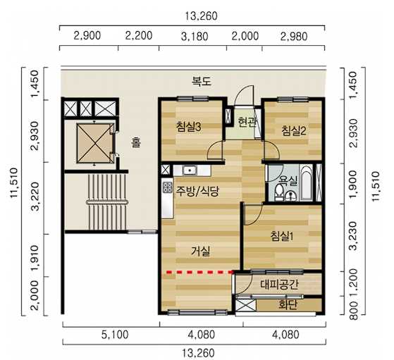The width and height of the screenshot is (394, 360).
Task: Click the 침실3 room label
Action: coord(188,127)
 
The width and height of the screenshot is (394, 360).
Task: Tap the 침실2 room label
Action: coord(294,130)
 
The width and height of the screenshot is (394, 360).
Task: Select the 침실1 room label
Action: coord(282,236)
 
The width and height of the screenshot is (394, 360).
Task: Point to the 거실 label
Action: coord(200,251)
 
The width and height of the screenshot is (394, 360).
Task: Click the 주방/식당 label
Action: coord(197,191)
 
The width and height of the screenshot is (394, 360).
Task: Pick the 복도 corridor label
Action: coord(202,82)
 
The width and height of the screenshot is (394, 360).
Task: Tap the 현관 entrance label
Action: coord(247,123)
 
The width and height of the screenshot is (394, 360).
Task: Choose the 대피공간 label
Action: coord(279,285)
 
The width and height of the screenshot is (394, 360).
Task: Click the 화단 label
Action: coord(288,304)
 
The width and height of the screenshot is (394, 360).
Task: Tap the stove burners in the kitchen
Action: coord(167,187)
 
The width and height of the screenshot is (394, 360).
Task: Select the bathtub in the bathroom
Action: coord(307,182)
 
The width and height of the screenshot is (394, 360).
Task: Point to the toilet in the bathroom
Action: coord(278,193)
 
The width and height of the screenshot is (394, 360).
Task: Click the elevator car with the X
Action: coord(94,143)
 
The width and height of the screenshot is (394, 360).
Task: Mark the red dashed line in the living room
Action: coord(199,272)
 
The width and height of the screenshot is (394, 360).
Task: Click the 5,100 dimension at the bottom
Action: coord(115,335)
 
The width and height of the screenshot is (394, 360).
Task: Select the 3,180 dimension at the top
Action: coord(195,37)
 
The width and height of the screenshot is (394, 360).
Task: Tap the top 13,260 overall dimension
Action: coord(201,16)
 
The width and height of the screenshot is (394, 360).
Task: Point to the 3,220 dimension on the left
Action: coord(35,197)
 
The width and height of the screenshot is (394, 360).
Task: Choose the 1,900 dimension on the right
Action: coord(352,184)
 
